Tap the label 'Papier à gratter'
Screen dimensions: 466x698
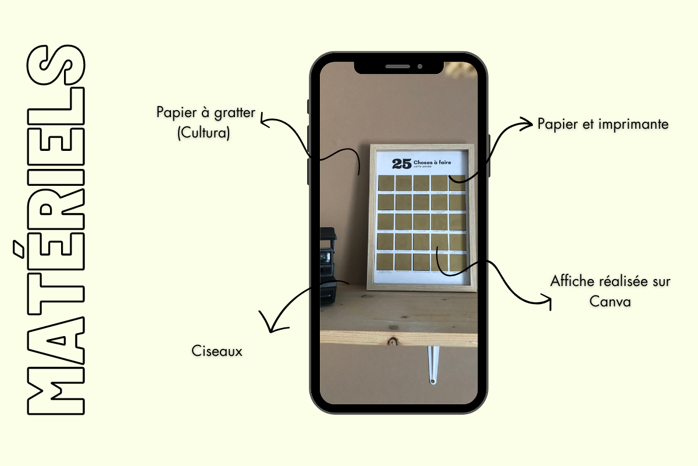[x=205, y=112]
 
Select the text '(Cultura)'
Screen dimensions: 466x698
[x=204, y=133]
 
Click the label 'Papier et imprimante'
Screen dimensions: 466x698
[x=603, y=124]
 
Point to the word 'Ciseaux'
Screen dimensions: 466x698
[x=216, y=351]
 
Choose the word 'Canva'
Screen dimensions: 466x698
[x=610, y=302]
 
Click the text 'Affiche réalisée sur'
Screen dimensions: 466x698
[x=610, y=282]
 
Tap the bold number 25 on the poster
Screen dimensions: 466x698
[x=401, y=164]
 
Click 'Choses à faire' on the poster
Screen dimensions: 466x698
[x=432, y=162]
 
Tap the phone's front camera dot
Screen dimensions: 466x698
[x=419, y=66]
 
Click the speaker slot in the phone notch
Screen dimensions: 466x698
[x=397, y=66]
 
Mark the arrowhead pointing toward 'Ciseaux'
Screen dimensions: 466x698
[x=268, y=326]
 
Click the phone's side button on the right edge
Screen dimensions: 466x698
[x=490, y=154]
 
